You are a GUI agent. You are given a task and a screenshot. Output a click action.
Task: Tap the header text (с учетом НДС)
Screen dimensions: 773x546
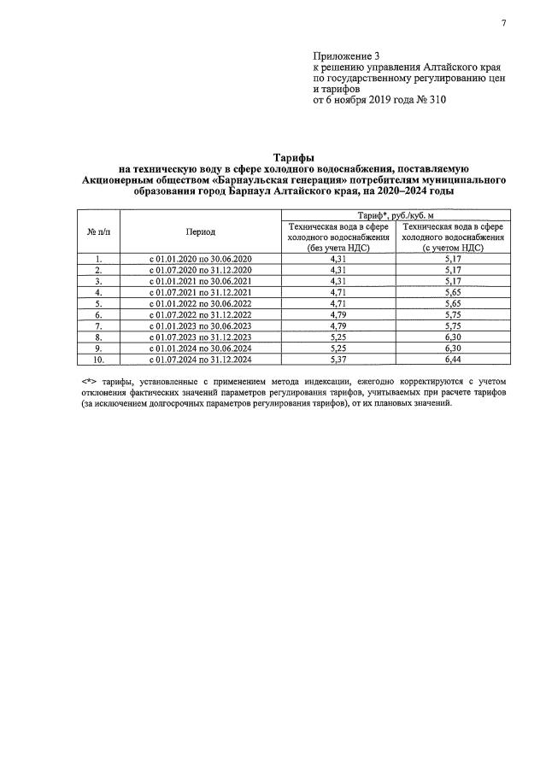click(x=453, y=247)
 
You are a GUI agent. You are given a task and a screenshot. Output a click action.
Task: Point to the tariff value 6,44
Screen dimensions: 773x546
click(x=453, y=360)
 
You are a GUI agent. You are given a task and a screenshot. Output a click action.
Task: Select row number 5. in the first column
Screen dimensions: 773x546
click(x=99, y=303)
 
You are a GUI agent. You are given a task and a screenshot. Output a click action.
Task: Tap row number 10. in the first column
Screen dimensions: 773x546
click(x=99, y=360)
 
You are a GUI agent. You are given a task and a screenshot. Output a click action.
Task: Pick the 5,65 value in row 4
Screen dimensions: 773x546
click(x=453, y=292)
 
